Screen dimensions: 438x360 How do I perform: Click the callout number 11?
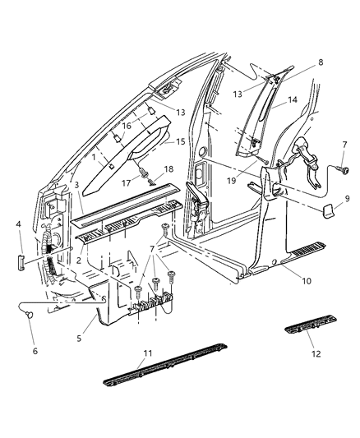coord(148,354)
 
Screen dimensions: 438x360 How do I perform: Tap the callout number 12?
coord(316,354)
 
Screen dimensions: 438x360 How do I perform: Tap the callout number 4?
coord(19,224)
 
